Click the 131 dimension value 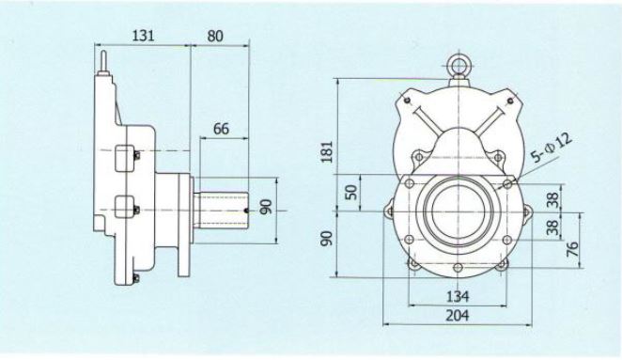143,36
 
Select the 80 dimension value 215,36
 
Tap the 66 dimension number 221,129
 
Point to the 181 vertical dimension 327,151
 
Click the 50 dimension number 351,192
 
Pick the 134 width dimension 458,296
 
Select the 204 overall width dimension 458,316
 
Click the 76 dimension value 572,249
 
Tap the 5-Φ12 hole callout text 552,149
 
